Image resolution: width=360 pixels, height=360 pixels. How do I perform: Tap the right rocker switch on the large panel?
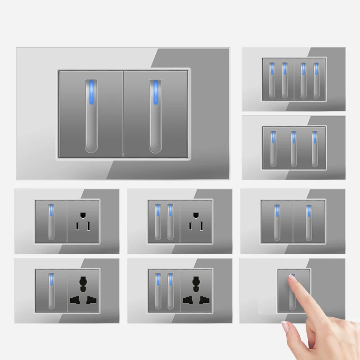156,113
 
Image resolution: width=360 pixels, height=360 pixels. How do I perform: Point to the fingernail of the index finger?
292,279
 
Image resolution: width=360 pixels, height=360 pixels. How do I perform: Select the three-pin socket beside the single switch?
83,221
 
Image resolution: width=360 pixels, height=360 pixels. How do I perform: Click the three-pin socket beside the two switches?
196,221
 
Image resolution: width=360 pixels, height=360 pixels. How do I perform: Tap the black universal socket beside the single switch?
83,291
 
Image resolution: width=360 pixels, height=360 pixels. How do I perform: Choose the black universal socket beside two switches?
196,291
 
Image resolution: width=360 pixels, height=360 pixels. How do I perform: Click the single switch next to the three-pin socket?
51,221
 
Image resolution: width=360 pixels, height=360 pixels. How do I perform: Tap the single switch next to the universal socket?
51,291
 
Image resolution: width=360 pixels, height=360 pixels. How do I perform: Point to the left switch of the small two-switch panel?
277,221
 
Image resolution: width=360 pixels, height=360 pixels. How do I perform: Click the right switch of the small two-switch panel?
309,221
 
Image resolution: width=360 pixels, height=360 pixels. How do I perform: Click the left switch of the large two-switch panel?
91,113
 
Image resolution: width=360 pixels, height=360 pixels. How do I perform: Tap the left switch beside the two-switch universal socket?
157,291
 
